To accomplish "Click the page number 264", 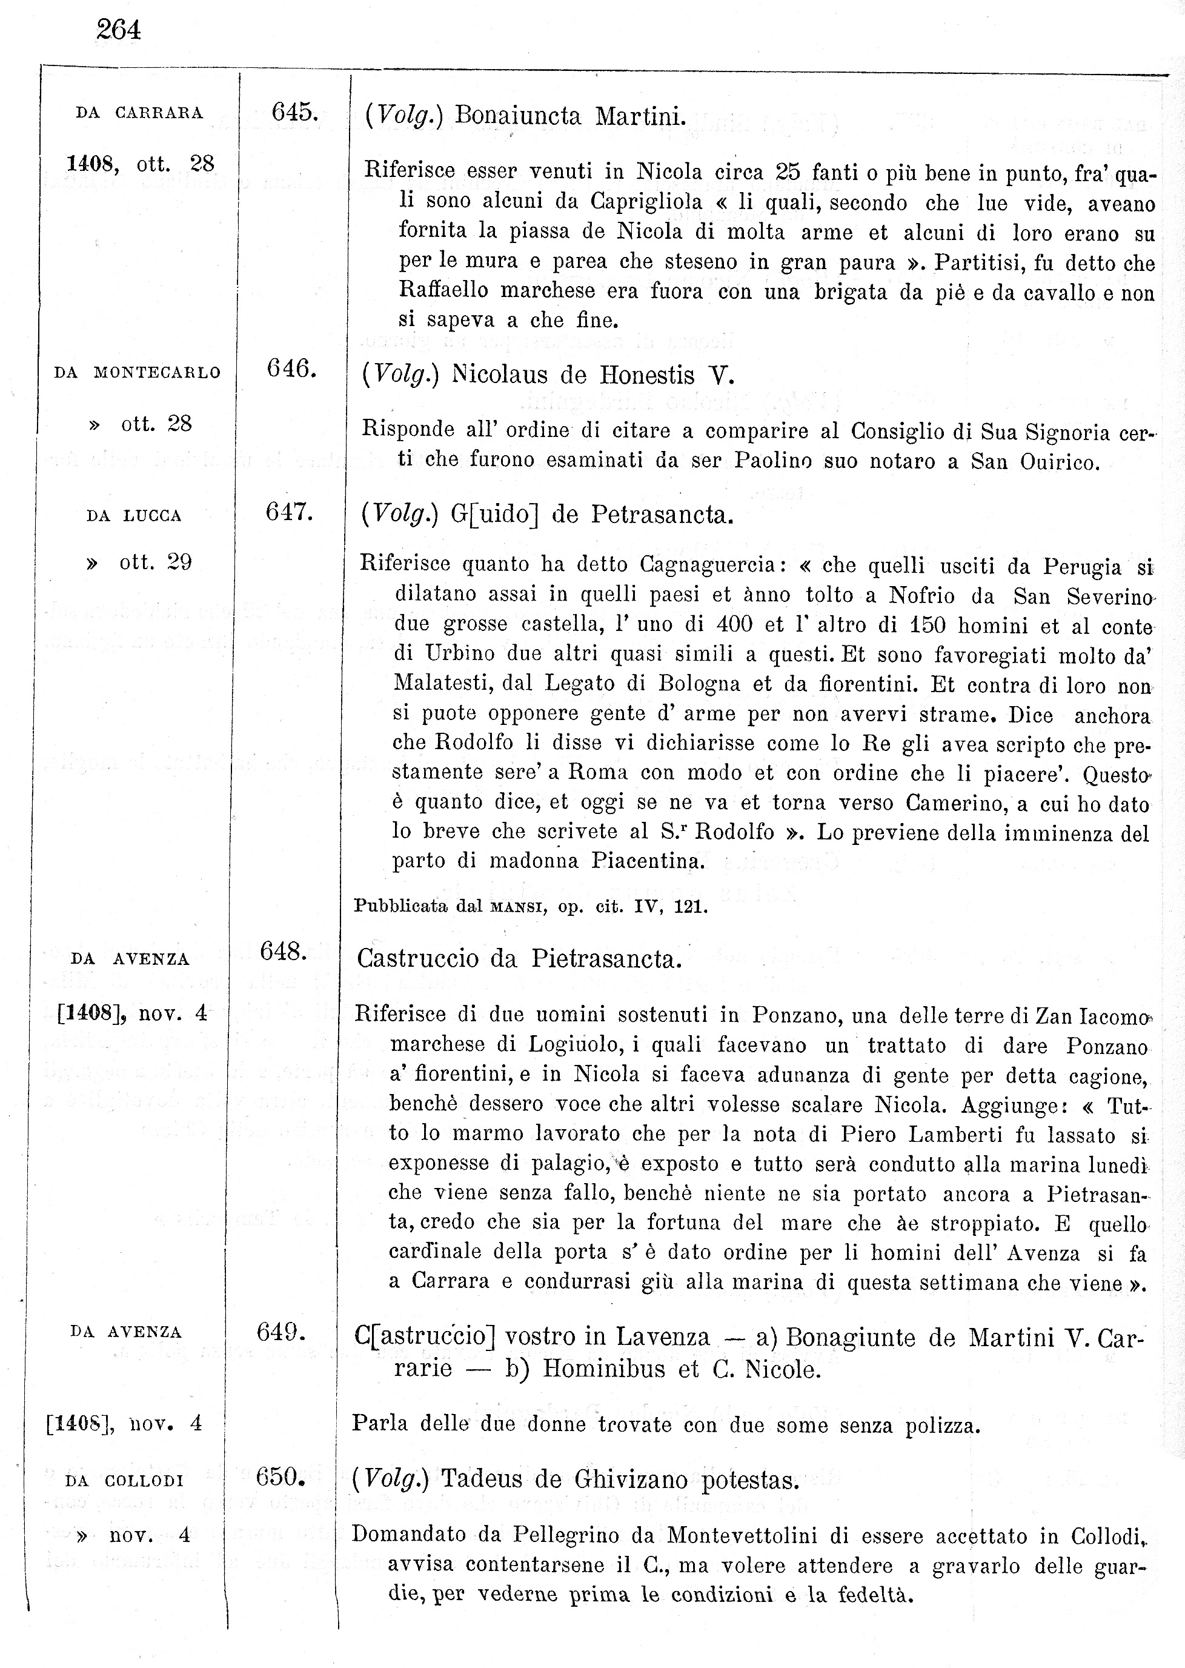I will tap(118, 30).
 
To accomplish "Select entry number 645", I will tap(294, 112).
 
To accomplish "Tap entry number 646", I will tap(291, 369).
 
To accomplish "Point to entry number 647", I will tap(289, 512).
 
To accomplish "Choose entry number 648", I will tap(283, 951).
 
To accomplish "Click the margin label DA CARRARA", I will tap(139, 113).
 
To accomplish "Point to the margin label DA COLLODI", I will tap(124, 1481).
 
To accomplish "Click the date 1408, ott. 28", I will tap(140, 164).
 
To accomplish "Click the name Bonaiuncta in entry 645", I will tap(517, 116).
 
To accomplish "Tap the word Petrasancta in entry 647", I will tap(661, 515).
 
